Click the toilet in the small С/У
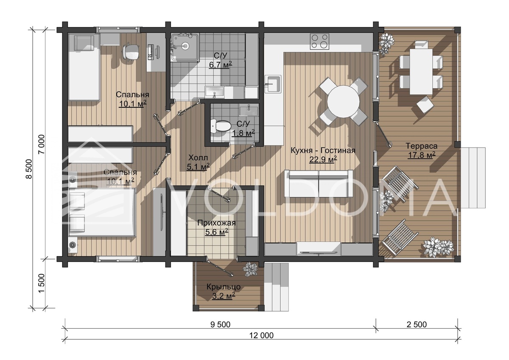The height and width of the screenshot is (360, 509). pos(221,126)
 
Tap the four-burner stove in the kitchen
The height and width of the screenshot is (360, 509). pos(319,41)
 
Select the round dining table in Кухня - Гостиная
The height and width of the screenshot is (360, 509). pos(343,101)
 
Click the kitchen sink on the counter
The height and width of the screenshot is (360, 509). pos(273,84)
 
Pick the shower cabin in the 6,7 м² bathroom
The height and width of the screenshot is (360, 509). pos(185,47)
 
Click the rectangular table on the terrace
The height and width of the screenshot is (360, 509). pos(421,71)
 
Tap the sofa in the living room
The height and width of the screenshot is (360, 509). pos(319,184)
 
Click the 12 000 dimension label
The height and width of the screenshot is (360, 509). pos(261,335)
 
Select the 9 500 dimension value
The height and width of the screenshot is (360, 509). pos(220,324)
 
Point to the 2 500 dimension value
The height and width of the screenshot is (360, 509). pos(417,324)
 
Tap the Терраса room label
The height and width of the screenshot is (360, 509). pos(422,145)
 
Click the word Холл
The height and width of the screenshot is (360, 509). pos(198,157)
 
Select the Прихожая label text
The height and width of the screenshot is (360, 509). pos(216,223)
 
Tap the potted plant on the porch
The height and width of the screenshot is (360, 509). pos(250,269)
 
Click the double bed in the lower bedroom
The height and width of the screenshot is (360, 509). pos(102,212)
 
